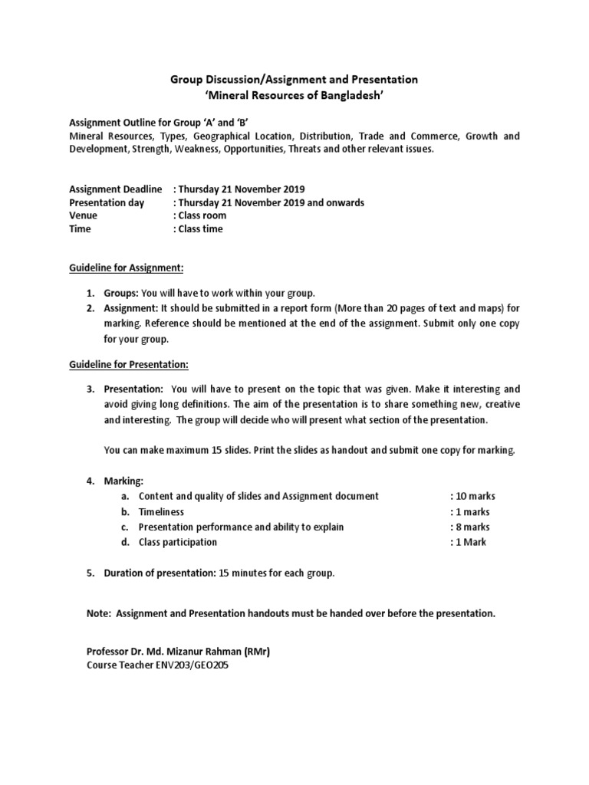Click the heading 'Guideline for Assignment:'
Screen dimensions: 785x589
(x=127, y=268)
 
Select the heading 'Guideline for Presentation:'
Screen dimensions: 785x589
(x=129, y=363)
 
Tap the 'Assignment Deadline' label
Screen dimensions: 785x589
(x=116, y=189)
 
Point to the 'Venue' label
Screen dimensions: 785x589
(x=84, y=215)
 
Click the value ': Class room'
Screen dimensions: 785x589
(x=200, y=215)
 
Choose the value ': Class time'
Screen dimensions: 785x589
(x=199, y=229)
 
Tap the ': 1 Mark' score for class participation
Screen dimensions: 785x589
(x=469, y=542)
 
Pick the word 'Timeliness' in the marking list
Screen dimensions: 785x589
(x=161, y=511)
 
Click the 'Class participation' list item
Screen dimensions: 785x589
(x=178, y=542)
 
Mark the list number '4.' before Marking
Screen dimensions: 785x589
(x=90, y=481)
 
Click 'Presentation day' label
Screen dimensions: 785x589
(x=108, y=202)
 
